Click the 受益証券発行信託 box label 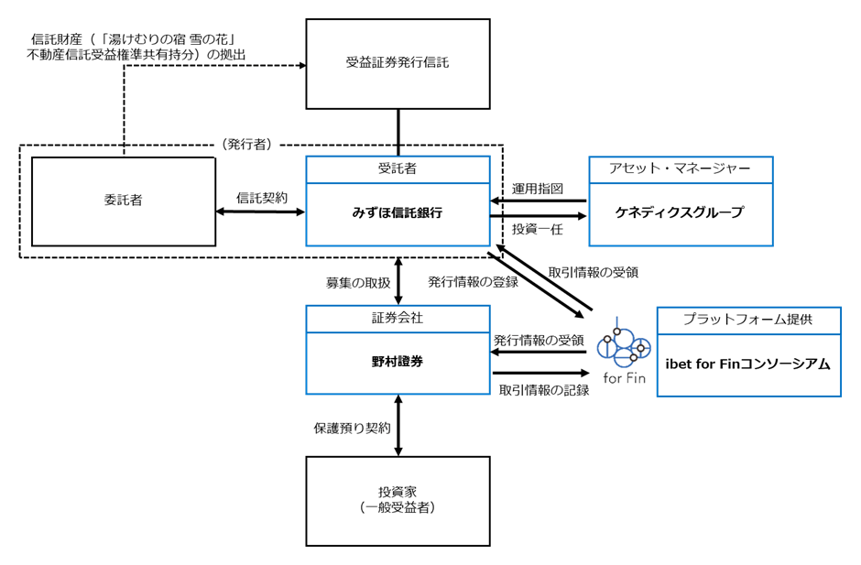[x=397, y=62]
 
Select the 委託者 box [x=124, y=201]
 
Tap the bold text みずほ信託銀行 [x=397, y=213]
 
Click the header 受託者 [x=397, y=168]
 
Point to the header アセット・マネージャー [x=680, y=168]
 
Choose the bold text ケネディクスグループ [x=680, y=212]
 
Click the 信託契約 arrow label [x=262, y=198]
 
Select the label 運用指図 [x=538, y=189]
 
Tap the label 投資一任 [x=538, y=229]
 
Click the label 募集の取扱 [x=358, y=283]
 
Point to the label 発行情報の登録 [x=474, y=282]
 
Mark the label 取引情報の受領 [x=593, y=272]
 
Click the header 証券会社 [x=397, y=318]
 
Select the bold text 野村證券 [x=397, y=362]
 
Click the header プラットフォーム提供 [x=748, y=320]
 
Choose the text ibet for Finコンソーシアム [x=748, y=364]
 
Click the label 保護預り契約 [x=352, y=429]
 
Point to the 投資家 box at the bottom [x=398, y=501]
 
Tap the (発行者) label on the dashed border [x=247, y=145]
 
